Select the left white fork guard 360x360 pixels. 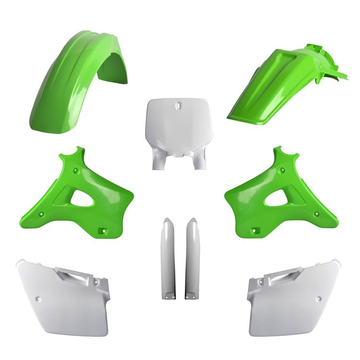point(168,259)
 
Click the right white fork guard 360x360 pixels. point(192,259)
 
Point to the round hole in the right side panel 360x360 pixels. point(319,299)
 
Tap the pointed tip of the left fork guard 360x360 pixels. point(168,220)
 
